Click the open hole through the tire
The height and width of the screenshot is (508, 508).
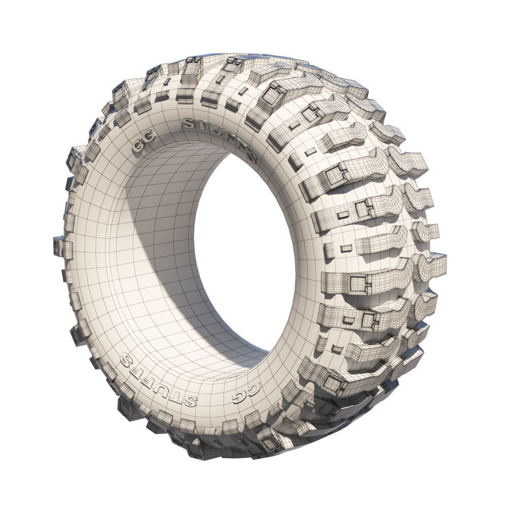coord(244,254)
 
